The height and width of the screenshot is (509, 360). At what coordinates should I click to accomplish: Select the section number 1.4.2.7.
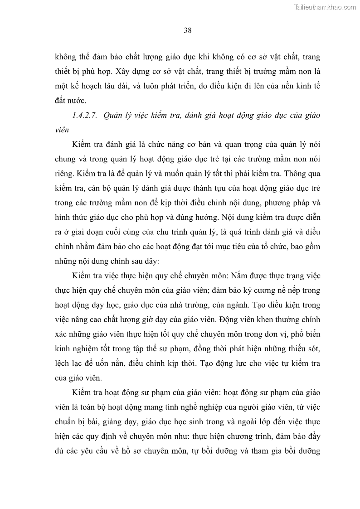85,116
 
